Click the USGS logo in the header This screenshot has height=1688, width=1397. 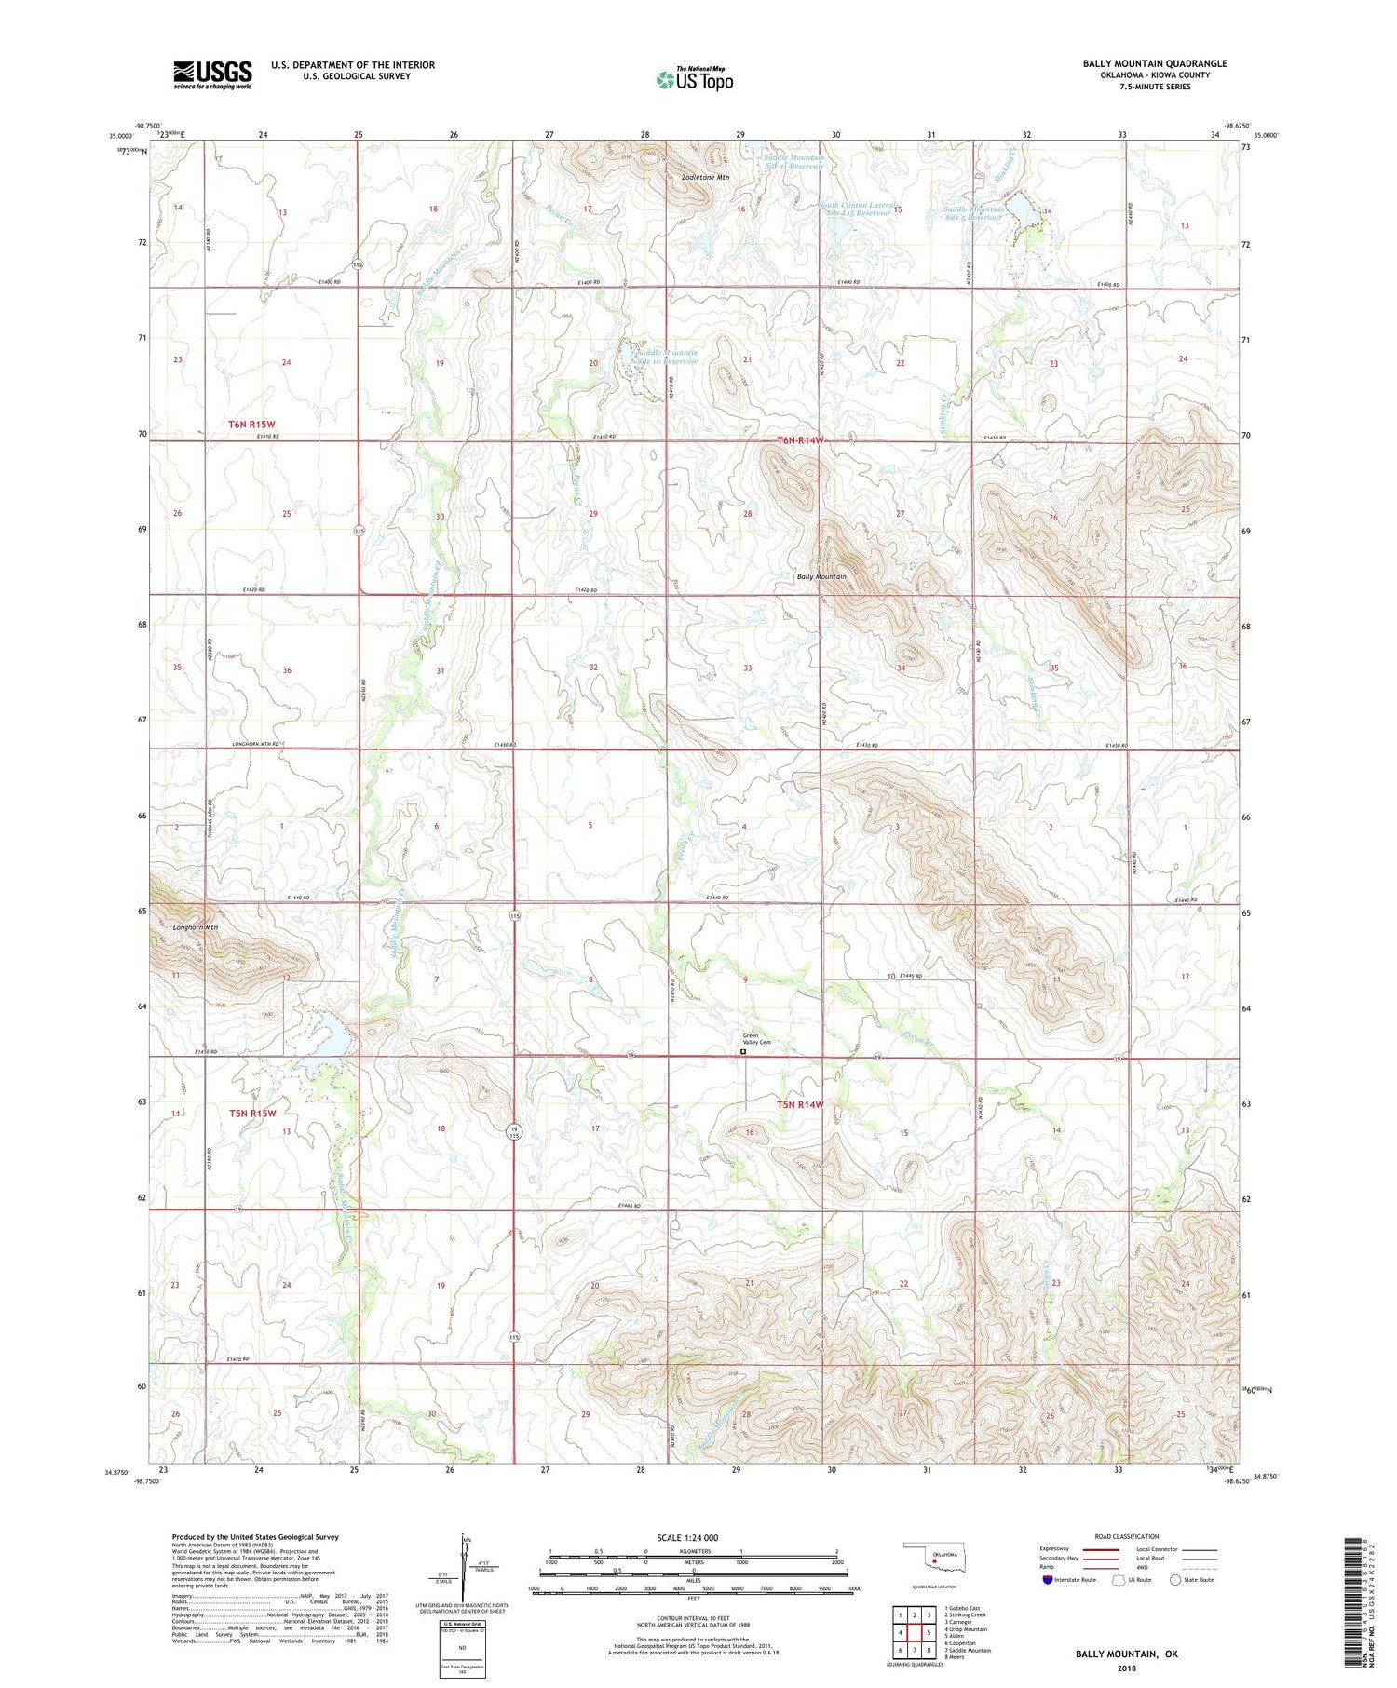pyautogui.click(x=212, y=74)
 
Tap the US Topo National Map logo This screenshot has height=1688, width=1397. pyautogui.click(x=694, y=79)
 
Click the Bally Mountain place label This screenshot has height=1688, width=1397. pyautogui.click(x=821, y=576)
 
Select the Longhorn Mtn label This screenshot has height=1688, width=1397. pyautogui.click(x=196, y=928)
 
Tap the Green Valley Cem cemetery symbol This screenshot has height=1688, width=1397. pyautogui.click(x=742, y=1052)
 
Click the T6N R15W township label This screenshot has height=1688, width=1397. pyautogui.click(x=251, y=425)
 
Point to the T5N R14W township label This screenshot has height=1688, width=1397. pyautogui.click(x=800, y=1104)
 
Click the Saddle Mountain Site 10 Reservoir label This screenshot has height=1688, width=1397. pyautogui.click(x=666, y=358)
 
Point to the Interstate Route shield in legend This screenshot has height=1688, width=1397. pyautogui.click(x=1048, y=1580)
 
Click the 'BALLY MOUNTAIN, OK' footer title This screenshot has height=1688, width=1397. pyautogui.click(x=1126, y=1654)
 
